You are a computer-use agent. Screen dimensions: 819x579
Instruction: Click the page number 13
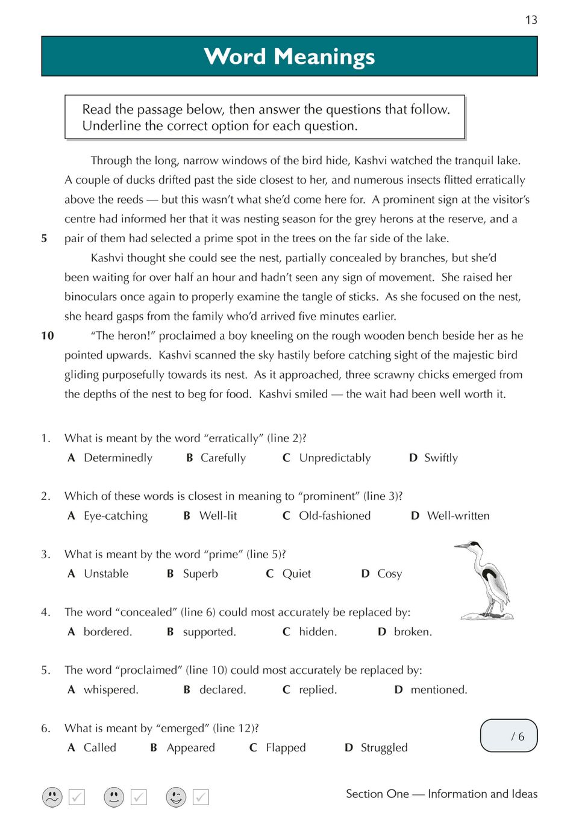click(x=531, y=20)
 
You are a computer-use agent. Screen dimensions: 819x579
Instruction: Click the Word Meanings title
click(x=289, y=57)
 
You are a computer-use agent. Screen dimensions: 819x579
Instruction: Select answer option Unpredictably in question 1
click(x=334, y=458)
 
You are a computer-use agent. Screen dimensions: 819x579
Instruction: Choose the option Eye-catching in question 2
click(x=115, y=515)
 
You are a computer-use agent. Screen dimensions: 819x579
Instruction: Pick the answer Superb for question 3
click(x=200, y=573)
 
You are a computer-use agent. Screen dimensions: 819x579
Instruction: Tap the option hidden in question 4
click(x=318, y=632)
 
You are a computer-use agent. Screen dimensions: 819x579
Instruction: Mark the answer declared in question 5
click(x=222, y=690)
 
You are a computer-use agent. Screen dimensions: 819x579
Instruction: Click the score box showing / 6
click(x=509, y=736)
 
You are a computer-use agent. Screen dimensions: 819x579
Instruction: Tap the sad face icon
click(x=52, y=797)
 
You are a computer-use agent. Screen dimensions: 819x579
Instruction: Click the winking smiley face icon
click(x=176, y=797)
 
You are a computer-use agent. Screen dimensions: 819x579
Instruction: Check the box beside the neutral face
click(x=139, y=797)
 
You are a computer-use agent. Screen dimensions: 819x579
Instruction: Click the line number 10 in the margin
click(x=48, y=335)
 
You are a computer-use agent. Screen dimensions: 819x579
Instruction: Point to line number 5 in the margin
click(x=44, y=238)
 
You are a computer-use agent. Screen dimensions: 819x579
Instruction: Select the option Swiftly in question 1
click(x=440, y=458)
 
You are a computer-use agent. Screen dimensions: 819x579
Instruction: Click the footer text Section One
click(x=377, y=794)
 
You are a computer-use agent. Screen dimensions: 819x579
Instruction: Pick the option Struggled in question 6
click(x=384, y=747)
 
